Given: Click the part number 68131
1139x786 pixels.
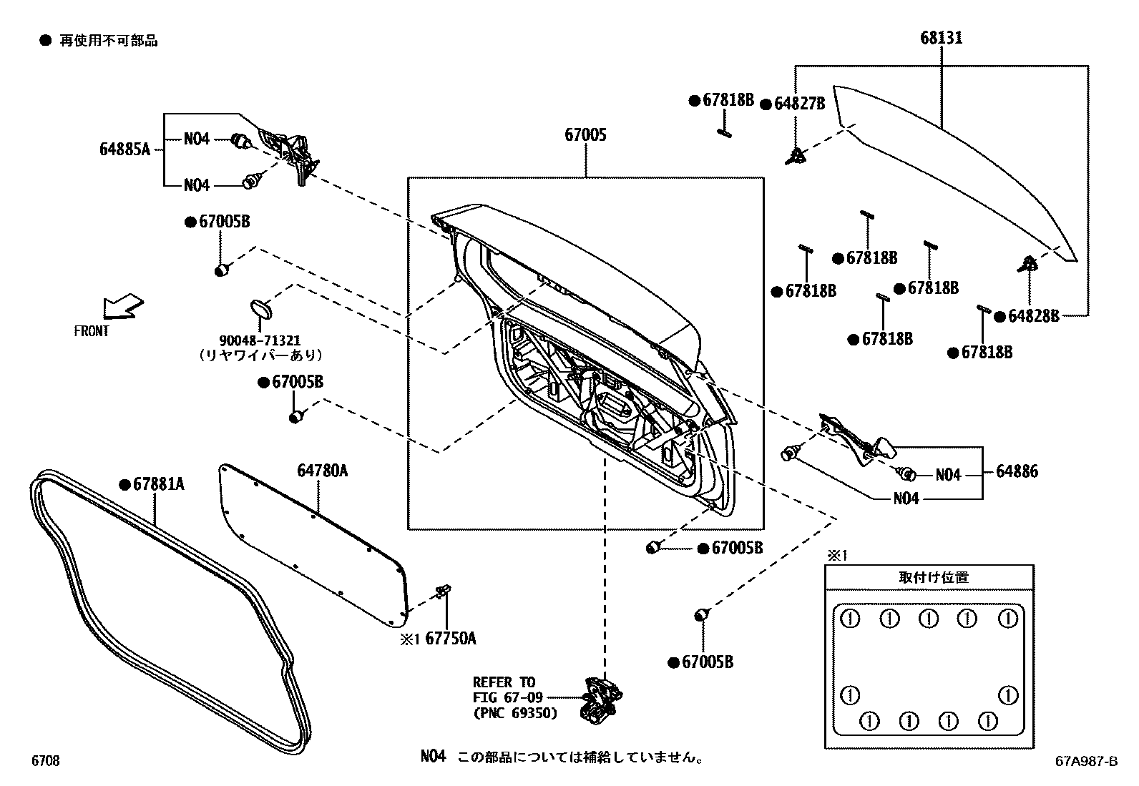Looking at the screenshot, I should [941, 38].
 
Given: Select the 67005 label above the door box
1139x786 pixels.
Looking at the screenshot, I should [585, 134].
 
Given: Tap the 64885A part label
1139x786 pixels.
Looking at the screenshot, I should [124, 149].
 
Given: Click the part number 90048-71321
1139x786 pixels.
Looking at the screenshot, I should [260, 340].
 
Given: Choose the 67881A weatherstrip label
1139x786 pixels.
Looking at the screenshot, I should [158, 484].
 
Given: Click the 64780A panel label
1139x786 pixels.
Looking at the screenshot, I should [322, 470].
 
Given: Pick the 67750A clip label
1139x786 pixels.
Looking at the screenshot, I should [450, 639].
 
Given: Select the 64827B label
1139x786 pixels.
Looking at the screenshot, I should [799, 104].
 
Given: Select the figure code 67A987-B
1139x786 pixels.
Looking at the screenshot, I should [1085, 762].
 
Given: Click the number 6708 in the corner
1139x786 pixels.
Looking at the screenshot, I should [45, 761].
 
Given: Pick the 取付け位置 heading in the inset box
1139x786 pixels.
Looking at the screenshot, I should [933, 578].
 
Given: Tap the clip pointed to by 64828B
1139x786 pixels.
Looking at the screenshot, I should [1028, 264].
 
